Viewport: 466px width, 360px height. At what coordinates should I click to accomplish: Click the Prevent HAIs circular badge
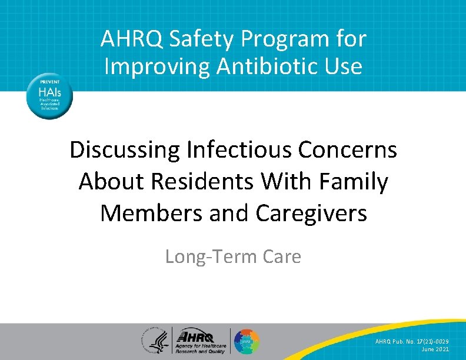click(x=49, y=95)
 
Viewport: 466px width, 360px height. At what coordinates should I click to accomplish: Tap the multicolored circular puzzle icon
click(x=247, y=342)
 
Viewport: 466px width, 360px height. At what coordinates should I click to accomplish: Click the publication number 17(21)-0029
click(x=429, y=341)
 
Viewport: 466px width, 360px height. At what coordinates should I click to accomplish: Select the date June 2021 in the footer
click(x=436, y=349)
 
